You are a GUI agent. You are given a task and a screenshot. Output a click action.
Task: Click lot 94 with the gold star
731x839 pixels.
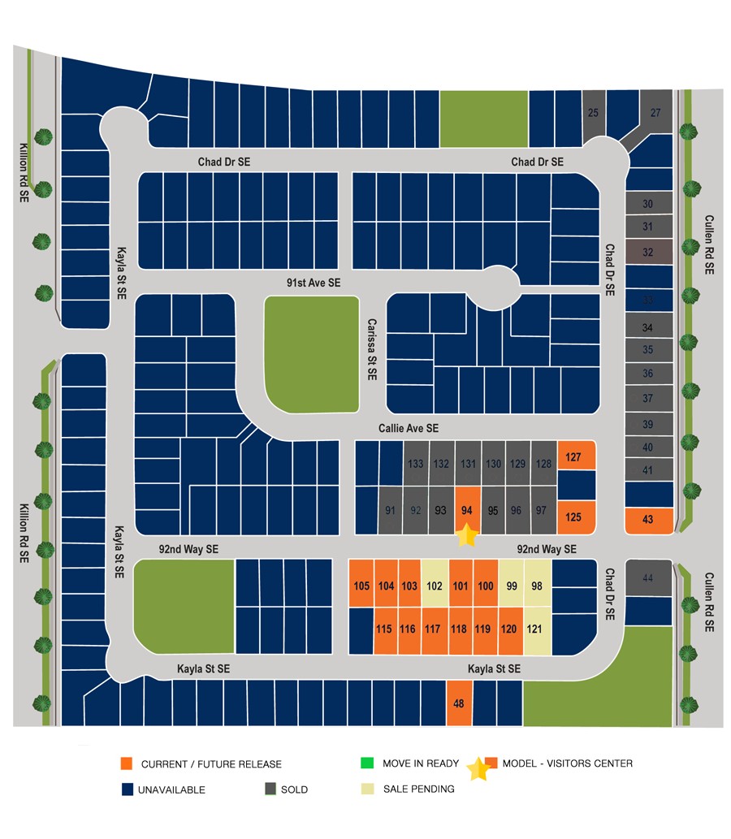[x=466, y=510]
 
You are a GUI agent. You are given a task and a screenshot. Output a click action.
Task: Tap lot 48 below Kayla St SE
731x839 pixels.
[x=459, y=703]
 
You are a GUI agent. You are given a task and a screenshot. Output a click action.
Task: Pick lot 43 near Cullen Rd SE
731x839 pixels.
[x=647, y=520]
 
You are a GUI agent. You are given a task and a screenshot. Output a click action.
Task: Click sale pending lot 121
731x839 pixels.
[x=534, y=629]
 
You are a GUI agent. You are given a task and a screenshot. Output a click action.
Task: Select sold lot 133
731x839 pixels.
[x=416, y=464]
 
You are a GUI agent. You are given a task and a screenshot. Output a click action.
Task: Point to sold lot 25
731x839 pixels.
[x=592, y=113]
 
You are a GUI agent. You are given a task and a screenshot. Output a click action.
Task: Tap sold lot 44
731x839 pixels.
[x=647, y=577]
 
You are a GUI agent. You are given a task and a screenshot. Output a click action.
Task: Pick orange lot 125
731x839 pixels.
[x=573, y=517]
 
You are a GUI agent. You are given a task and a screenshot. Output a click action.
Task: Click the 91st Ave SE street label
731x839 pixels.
[x=314, y=283]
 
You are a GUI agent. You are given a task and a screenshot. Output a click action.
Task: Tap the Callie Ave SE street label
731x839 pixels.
[x=409, y=428]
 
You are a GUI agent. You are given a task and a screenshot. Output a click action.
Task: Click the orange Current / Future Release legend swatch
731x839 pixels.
[x=126, y=763]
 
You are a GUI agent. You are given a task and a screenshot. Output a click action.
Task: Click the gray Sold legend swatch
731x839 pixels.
[x=270, y=789]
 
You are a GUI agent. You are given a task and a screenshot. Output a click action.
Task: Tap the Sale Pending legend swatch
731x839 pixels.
[x=367, y=789]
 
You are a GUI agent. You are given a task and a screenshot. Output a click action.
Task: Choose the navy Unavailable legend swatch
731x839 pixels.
[x=126, y=789]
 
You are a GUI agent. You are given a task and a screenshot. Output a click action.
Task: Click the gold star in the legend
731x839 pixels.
[x=478, y=768]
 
